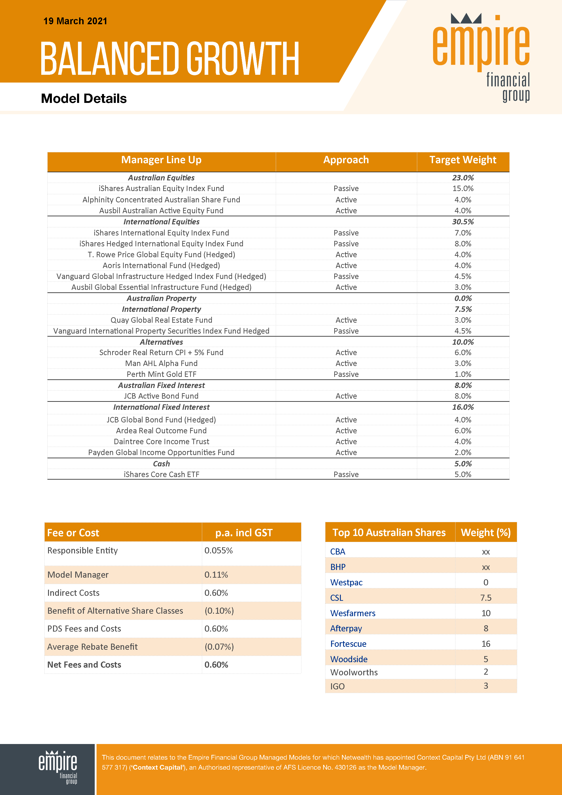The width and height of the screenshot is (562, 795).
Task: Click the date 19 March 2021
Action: (x=75, y=21)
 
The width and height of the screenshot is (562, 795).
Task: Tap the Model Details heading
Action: (x=84, y=99)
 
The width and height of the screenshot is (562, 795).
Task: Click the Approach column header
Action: (x=346, y=160)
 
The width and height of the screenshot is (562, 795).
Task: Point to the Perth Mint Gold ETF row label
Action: (x=161, y=374)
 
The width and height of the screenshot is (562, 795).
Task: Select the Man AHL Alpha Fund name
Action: (x=161, y=364)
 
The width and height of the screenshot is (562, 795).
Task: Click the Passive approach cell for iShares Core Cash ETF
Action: (x=346, y=474)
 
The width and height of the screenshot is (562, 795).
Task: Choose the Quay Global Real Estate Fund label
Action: (x=161, y=320)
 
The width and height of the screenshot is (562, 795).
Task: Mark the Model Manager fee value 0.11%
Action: (x=216, y=575)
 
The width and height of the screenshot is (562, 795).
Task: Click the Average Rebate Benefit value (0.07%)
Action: (x=219, y=647)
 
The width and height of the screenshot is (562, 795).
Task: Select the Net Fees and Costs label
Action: (x=84, y=665)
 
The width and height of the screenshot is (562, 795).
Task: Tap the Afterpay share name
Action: (x=346, y=628)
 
